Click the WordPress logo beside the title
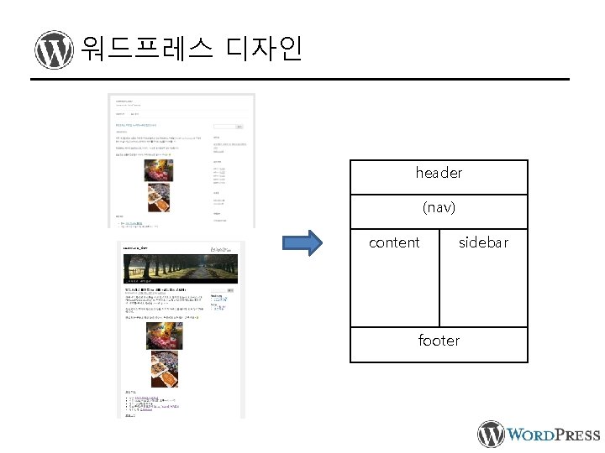(54, 50)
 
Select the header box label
(439, 173)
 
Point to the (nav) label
(439, 206)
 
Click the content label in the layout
(394, 242)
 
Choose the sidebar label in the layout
(483, 242)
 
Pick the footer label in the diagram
(439, 341)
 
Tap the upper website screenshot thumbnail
(181, 160)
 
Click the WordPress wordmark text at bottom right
(555, 435)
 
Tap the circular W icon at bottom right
(492, 434)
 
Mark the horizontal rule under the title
(300, 81)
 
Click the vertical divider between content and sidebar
(439, 277)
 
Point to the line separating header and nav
(439, 195)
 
